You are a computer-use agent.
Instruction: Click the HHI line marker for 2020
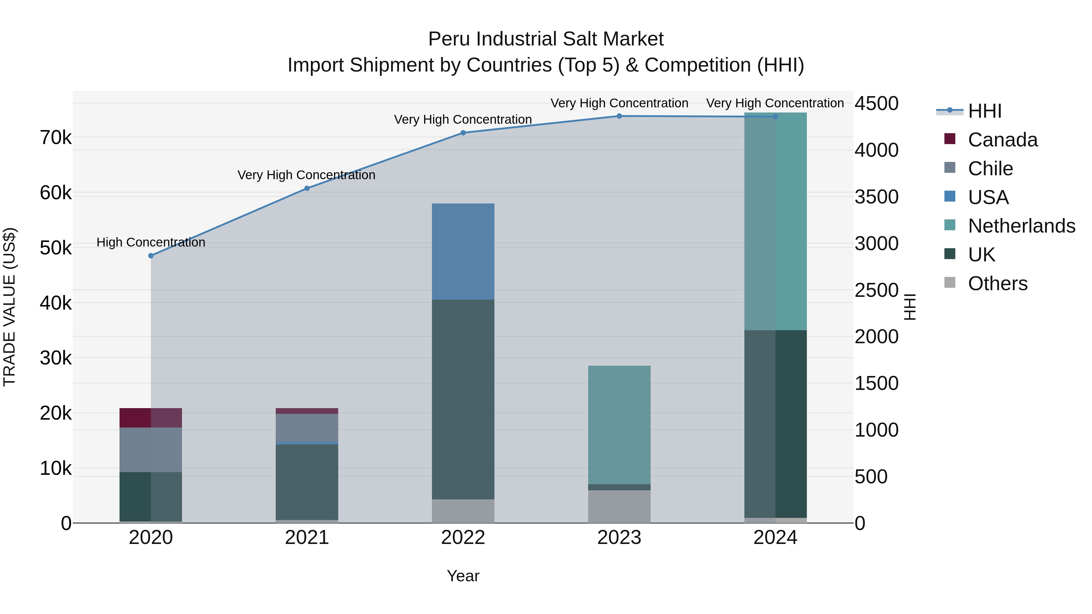tap(151, 256)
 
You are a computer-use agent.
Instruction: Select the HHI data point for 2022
tap(463, 133)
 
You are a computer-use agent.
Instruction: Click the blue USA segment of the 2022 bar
tap(463, 251)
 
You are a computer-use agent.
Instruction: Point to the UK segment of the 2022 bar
tap(463, 399)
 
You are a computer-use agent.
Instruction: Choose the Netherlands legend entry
tap(1021, 226)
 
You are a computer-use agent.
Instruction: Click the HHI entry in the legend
tap(984, 111)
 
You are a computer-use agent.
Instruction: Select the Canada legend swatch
tap(950, 139)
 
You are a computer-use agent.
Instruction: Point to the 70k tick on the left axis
tap(56, 138)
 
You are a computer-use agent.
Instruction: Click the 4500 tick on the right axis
tap(876, 103)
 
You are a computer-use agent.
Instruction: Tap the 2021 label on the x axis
tap(307, 538)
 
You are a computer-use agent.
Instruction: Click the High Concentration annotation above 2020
tap(151, 242)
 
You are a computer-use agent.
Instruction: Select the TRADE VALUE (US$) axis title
tap(9, 307)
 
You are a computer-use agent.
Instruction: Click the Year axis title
tap(463, 576)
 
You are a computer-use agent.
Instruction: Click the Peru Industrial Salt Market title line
tap(546, 39)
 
